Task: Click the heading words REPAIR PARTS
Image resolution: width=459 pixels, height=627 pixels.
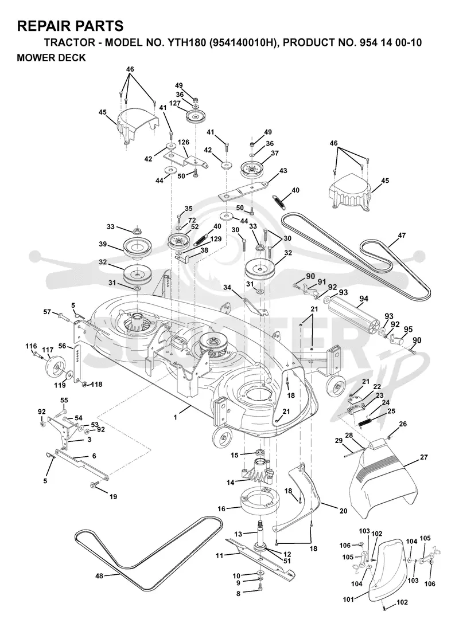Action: [70, 26]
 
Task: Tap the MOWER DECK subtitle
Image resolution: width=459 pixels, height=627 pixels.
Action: [51, 57]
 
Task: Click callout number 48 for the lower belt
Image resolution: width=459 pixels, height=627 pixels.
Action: [99, 576]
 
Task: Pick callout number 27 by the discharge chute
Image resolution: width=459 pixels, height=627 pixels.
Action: [424, 457]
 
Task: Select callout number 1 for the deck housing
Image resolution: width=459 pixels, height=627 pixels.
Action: [175, 417]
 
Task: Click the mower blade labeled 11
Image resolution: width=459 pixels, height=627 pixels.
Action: [260, 558]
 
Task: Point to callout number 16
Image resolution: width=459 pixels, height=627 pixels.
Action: [221, 508]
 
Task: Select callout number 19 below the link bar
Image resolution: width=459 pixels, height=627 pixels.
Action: [113, 497]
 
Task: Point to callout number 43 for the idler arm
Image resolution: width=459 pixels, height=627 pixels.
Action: [283, 171]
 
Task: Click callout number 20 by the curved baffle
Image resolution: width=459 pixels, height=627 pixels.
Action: [343, 511]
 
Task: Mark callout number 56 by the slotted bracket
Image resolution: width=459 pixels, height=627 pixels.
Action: [63, 346]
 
